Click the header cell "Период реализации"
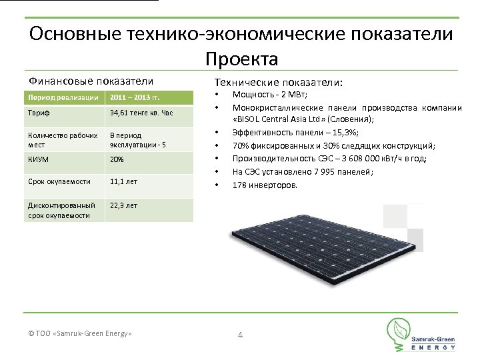pos(63,98)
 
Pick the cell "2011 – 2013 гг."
pos(135,98)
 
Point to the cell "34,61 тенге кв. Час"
pos(141,113)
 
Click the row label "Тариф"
pos(37,113)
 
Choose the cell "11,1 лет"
pos(125,181)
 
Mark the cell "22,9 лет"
pos(125,206)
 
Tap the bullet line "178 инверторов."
pos(266,185)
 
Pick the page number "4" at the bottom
pos(240,334)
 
